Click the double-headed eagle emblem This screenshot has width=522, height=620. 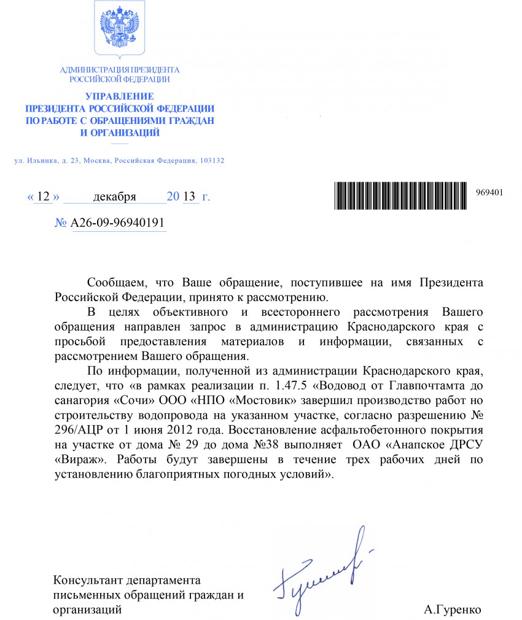[119, 28]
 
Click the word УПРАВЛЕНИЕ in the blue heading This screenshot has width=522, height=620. [119, 97]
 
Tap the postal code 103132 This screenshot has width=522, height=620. [211, 161]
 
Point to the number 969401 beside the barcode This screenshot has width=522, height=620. [489, 192]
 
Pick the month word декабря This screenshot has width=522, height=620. [114, 197]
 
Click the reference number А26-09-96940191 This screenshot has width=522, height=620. [119, 223]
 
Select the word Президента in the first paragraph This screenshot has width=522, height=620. [451, 283]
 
